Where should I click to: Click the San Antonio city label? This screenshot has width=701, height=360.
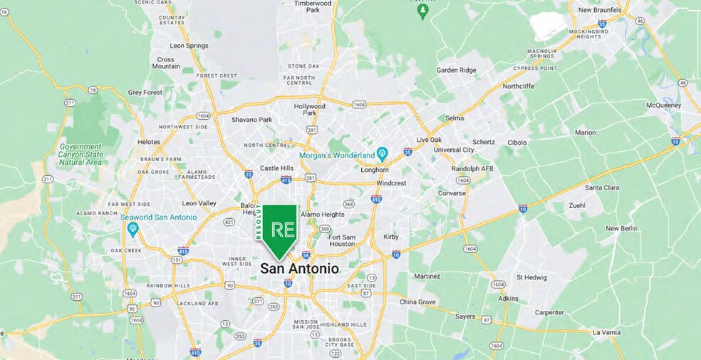(299, 269)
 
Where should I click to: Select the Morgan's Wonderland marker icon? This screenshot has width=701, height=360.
(382, 153)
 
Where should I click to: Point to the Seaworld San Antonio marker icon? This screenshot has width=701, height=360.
(132, 229)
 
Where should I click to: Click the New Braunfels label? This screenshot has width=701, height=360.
(600, 10)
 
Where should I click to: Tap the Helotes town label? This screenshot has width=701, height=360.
(149, 142)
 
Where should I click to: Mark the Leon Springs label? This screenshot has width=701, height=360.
(189, 46)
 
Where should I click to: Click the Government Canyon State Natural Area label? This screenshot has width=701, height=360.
(80, 155)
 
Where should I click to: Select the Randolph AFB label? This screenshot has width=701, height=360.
(472, 168)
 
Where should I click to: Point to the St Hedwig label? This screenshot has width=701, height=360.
(531, 277)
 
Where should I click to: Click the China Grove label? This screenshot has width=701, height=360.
(417, 302)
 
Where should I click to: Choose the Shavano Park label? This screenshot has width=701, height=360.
(251, 119)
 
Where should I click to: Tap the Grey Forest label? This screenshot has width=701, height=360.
(145, 92)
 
